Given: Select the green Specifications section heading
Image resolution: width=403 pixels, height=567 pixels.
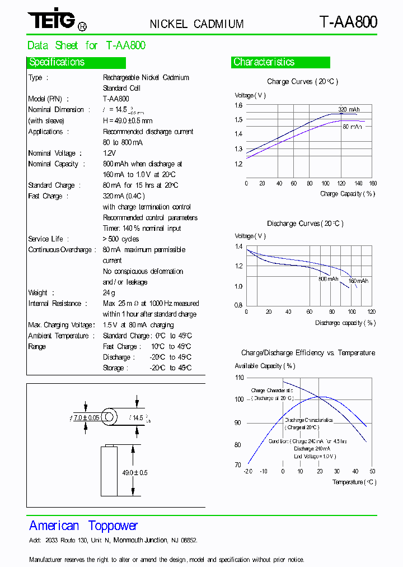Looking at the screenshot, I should [x=57, y=62].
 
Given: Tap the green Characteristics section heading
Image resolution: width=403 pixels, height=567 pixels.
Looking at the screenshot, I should [x=264, y=62].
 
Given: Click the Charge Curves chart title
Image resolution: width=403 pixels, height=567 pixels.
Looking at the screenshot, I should [x=302, y=82].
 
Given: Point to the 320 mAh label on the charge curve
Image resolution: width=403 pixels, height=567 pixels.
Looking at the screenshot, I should [x=349, y=109].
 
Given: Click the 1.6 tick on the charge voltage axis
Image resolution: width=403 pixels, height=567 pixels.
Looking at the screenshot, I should [x=238, y=105].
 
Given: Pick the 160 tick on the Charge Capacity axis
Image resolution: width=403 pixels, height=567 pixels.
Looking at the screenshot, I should [x=373, y=183].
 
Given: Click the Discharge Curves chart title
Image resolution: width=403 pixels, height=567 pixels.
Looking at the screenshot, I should [x=305, y=224].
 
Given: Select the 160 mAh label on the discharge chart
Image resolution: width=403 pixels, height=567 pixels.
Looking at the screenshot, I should [x=358, y=281].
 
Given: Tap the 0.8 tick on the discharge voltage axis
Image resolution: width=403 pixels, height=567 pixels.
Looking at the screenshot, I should [x=238, y=306].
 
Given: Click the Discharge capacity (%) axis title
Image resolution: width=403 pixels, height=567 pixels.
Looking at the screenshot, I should [x=345, y=323].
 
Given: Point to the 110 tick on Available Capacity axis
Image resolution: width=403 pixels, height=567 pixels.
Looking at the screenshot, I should [x=239, y=378].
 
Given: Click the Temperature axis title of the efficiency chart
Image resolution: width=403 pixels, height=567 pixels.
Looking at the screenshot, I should [x=354, y=482].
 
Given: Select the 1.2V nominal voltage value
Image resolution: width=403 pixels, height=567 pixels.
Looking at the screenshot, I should [x=109, y=153].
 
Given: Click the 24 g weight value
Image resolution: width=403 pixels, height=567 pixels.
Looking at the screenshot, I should [x=109, y=293].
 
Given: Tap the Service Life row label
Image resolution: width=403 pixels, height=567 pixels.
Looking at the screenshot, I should [x=45, y=239].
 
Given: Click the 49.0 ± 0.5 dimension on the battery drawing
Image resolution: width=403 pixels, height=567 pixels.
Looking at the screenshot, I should [x=134, y=473].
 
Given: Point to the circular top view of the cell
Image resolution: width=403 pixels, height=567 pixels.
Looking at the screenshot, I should [x=109, y=417].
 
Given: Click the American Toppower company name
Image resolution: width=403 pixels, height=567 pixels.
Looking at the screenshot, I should [x=83, y=526].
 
